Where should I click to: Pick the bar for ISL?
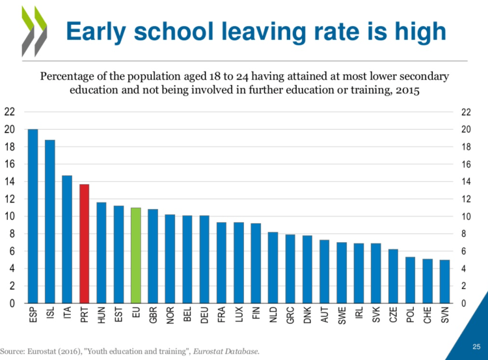49,221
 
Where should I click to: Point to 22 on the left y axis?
9,112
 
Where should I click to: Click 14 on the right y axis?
465,182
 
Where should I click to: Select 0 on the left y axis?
12,303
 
